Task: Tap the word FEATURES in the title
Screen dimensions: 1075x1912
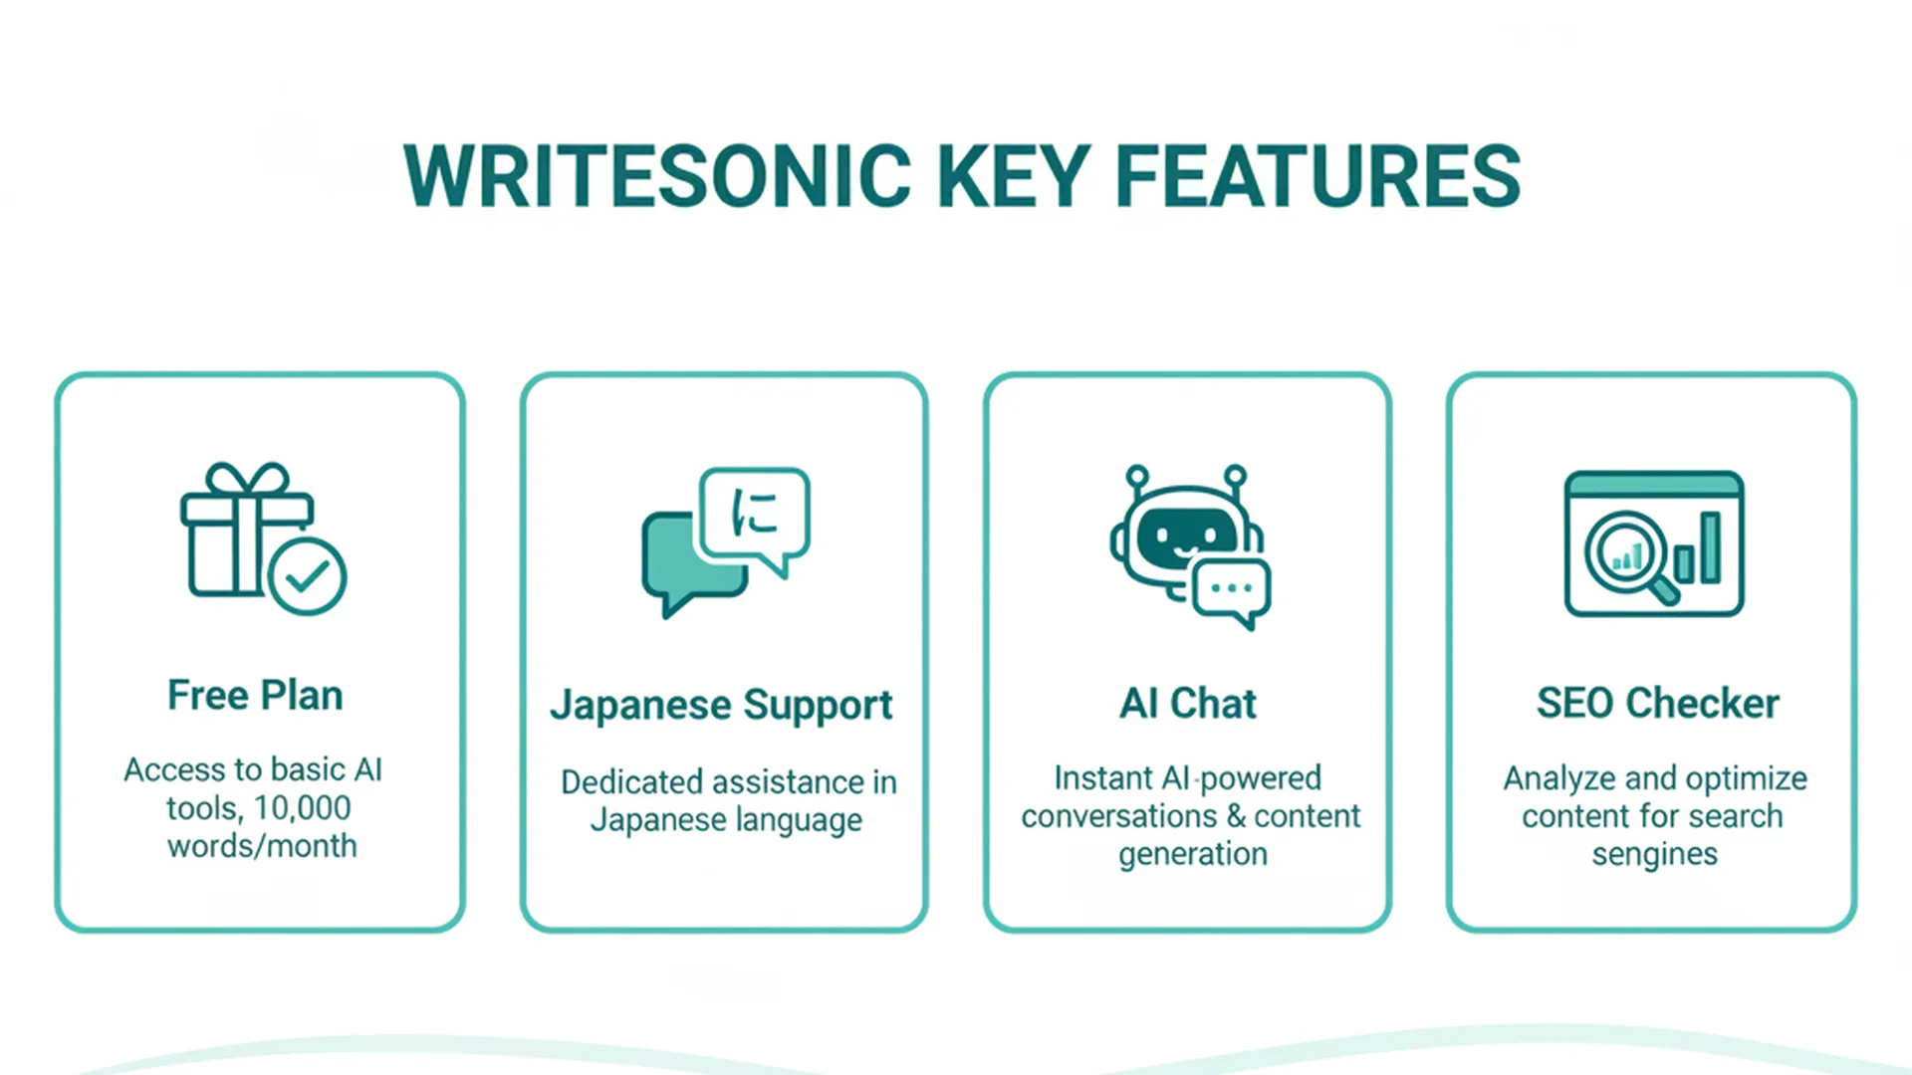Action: pyautogui.click(x=1317, y=176)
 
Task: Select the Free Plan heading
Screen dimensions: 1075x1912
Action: pyautogui.click(x=255, y=695)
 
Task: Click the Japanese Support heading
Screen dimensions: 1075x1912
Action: pyautogui.click(x=721, y=705)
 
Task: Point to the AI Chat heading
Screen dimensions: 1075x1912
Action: pyautogui.click(x=1187, y=704)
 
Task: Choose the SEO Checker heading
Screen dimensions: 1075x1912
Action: pyautogui.click(x=1657, y=703)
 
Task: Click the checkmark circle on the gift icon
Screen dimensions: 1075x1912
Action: pyautogui.click(x=308, y=576)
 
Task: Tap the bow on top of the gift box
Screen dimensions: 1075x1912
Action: pyautogui.click(x=247, y=480)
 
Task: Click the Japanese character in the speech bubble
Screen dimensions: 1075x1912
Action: pyautogui.click(x=754, y=513)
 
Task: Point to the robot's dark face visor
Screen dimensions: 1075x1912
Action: pyautogui.click(x=1185, y=536)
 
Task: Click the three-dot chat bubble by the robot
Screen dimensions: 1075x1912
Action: pyautogui.click(x=1232, y=589)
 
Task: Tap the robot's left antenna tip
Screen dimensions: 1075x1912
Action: pyautogui.click(x=1137, y=475)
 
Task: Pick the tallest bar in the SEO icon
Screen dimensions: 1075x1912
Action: pyautogui.click(x=1710, y=547)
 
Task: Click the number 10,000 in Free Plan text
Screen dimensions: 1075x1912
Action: pyautogui.click(x=302, y=808)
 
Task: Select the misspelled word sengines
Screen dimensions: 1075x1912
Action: pyautogui.click(x=1654, y=854)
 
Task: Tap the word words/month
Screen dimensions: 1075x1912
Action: pyautogui.click(x=262, y=846)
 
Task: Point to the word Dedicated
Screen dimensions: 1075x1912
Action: pyautogui.click(x=633, y=782)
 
